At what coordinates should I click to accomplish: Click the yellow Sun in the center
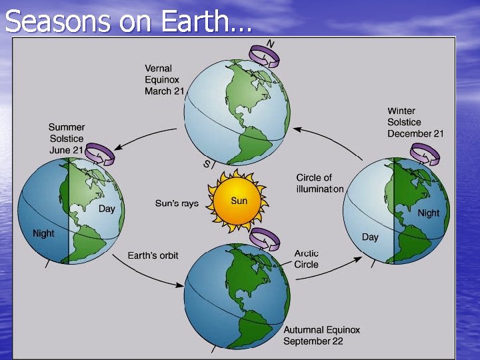pyautogui.click(x=239, y=201)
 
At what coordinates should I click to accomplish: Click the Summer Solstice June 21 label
pyautogui.click(x=67, y=138)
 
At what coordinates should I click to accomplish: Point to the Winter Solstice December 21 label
pyautogui.click(x=415, y=122)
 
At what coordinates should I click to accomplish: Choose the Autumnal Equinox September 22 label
pyautogui.click(x=321, y=335)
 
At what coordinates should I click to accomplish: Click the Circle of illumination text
pyautogui.click(x=319, y=183)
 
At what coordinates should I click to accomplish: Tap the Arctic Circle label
pyautogui.click(x=306, y=259)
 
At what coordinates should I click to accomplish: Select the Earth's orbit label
pyautogui.click(x=153, y=256)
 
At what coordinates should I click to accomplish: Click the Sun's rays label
pyautogui.click(x=177, y=203)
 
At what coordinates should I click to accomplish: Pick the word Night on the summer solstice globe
pyautogui.click(x=43, y=233)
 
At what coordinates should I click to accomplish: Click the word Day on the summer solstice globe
pyautogui.click(x=107, y=209)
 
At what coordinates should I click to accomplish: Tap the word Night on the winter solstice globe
pyautogui.click(x=428, y=213)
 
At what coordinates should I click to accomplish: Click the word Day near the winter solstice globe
pyautogui.click(x=370, y=237)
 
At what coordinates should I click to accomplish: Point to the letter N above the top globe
pyautogui.click(x=270, y=43)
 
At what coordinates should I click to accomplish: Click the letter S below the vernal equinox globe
pyautogui.click(x=206, y=163)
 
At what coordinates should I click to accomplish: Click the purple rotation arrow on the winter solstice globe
pyautogui.click(x=425, y=155)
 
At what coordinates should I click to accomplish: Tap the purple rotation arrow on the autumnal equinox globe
pyautogui.click(x=265, y=237)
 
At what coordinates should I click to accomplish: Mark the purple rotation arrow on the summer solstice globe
pyautogui.click(x=99, y=155)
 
